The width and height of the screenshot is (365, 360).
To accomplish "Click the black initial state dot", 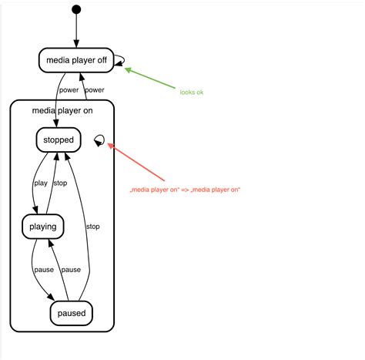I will click(76, 9).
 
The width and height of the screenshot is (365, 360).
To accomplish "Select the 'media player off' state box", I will click(76, 61).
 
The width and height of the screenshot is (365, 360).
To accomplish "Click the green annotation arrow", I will click(149, 79).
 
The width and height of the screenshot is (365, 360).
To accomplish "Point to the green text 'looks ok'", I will click(192, 93).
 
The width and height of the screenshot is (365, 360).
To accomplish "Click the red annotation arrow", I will click(139, 163).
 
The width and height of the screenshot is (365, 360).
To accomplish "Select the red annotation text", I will click(185, 190).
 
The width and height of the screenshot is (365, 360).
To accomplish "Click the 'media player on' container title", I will click(62, 110).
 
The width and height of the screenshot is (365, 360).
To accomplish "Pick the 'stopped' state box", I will click(59, 140).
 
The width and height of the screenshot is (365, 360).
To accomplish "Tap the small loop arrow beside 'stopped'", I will click(98, 140).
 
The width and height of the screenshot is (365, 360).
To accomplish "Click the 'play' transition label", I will click(41, 183).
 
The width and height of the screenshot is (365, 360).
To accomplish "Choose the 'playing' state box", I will click(42, 227).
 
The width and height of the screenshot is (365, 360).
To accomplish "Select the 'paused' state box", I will click(72, 313).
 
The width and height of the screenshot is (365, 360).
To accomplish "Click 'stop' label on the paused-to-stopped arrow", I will click(92, 227).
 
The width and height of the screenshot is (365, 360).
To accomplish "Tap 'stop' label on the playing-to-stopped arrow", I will click(60, 183).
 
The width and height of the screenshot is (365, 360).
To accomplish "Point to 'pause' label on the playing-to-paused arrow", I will click(43, 270).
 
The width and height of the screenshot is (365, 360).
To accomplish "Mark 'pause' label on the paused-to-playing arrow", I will click(71, 270).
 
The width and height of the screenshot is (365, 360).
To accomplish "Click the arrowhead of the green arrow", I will click(129, 70).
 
